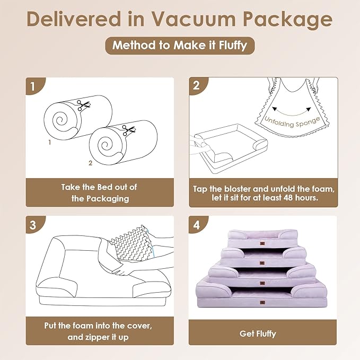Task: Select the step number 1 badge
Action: click(33, 85)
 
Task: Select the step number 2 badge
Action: click(197, 85)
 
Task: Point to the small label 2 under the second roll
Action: click(90, 163)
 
